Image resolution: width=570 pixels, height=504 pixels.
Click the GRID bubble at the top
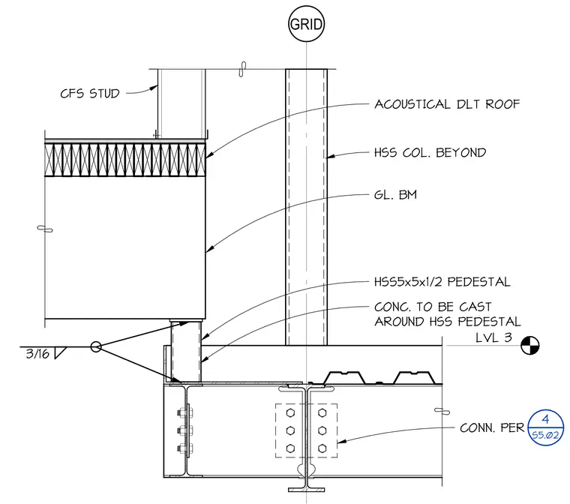pyautogui.click(x=306, y=24)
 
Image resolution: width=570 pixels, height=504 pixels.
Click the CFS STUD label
pyautogui.click(x=90, y=94)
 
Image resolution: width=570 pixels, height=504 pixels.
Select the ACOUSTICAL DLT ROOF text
pyautogui.click(x=447, y=104)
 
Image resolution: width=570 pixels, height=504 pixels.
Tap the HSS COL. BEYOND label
pyautogui.click(x=430, y=153)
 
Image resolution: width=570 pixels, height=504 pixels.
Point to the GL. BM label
pyautogui.click(x=395, y=195)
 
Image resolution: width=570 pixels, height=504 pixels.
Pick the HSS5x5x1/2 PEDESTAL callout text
pyautogui.click(x=442, y=282)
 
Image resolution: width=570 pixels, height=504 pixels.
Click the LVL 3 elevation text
pyautogui.click(x=493, y=337)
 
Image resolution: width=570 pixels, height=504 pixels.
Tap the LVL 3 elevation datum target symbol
pyautogui.click(x=530, y=346)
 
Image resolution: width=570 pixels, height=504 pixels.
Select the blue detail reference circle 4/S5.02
pyautogui.click(x=546, y=427)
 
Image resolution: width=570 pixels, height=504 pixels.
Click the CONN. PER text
pyautogui.click(x=492, y=428)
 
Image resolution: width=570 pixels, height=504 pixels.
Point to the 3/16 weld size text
pyautogui.click(x=37, y=354)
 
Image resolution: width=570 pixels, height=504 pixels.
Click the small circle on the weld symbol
pyautogui.click(x=95, y=346)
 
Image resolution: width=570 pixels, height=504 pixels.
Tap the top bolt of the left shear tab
pyautogui.click(x=185, y=413)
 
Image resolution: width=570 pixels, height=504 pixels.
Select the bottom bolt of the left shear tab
pyautogui.click(x=185, y=448)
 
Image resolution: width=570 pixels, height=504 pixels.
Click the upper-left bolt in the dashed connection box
pyautogui.click(x=290, y=412)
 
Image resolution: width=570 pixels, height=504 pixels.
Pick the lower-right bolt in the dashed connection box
pyautogui.click(x=322, y=448)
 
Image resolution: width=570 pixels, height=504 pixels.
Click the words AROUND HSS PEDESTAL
pyautogui.click(x=448, y=322)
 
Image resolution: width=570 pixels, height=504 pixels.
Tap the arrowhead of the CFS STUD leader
pyautogui.click(x=154, y=88)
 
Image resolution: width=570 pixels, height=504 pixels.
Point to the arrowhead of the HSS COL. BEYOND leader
pyautogui.click(x=331, y=156)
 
